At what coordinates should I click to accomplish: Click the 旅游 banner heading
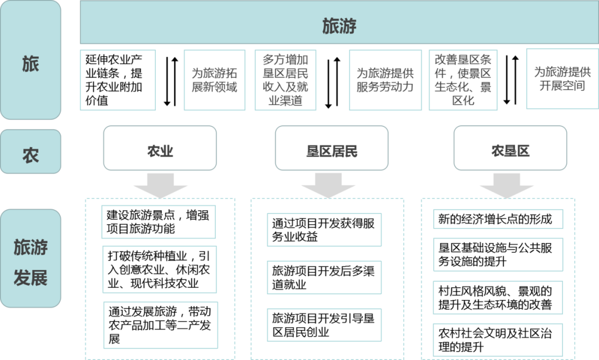339,26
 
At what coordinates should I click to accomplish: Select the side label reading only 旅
31,64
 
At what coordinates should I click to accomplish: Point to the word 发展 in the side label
31,277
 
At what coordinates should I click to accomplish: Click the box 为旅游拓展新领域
214,80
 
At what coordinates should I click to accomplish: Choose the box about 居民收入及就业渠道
286,80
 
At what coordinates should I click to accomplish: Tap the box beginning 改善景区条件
463,80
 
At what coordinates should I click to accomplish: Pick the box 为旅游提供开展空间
562,79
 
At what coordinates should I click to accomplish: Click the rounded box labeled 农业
160,149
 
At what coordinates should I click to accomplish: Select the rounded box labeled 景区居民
332,149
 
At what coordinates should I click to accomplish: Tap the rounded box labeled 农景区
510,149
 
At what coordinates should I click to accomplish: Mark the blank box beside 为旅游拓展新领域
118,80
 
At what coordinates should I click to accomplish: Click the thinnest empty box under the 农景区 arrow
498,219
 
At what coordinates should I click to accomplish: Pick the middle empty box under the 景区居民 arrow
324,277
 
